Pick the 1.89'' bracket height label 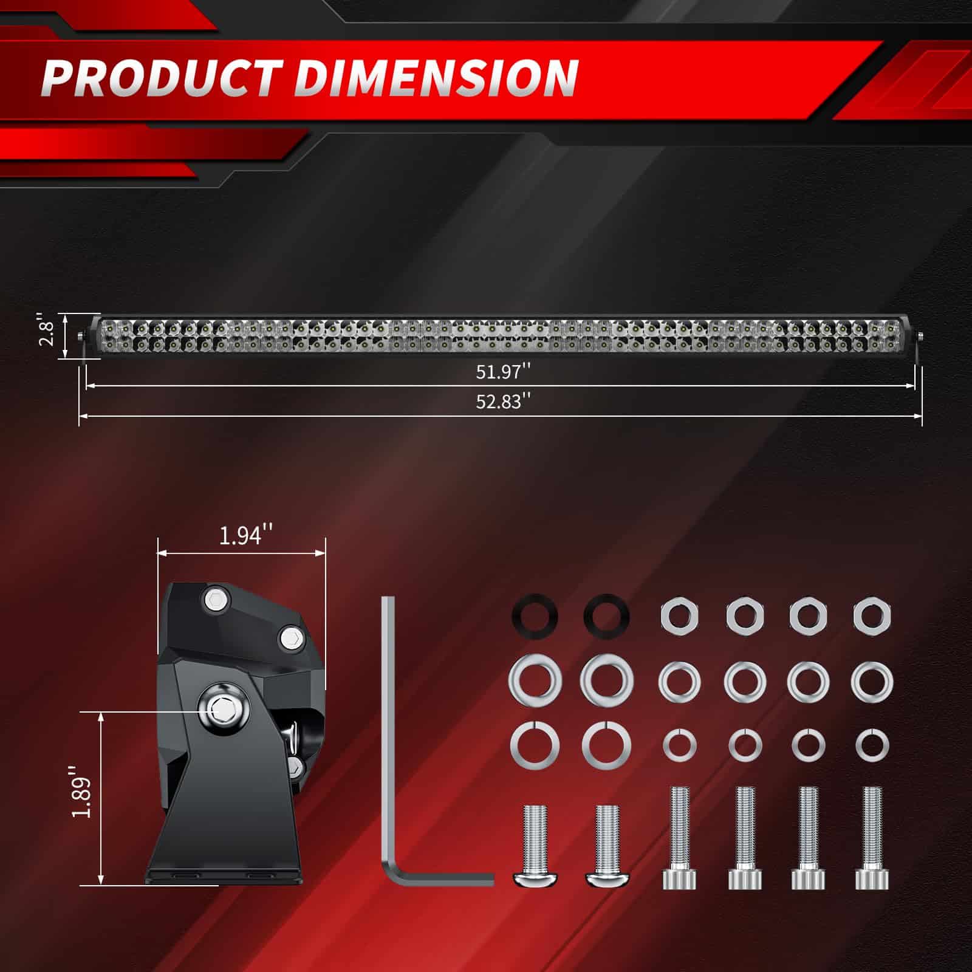click(x=81, y=792)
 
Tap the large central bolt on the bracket click(x=221, y=707)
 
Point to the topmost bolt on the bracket click(x=215, y=599)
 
